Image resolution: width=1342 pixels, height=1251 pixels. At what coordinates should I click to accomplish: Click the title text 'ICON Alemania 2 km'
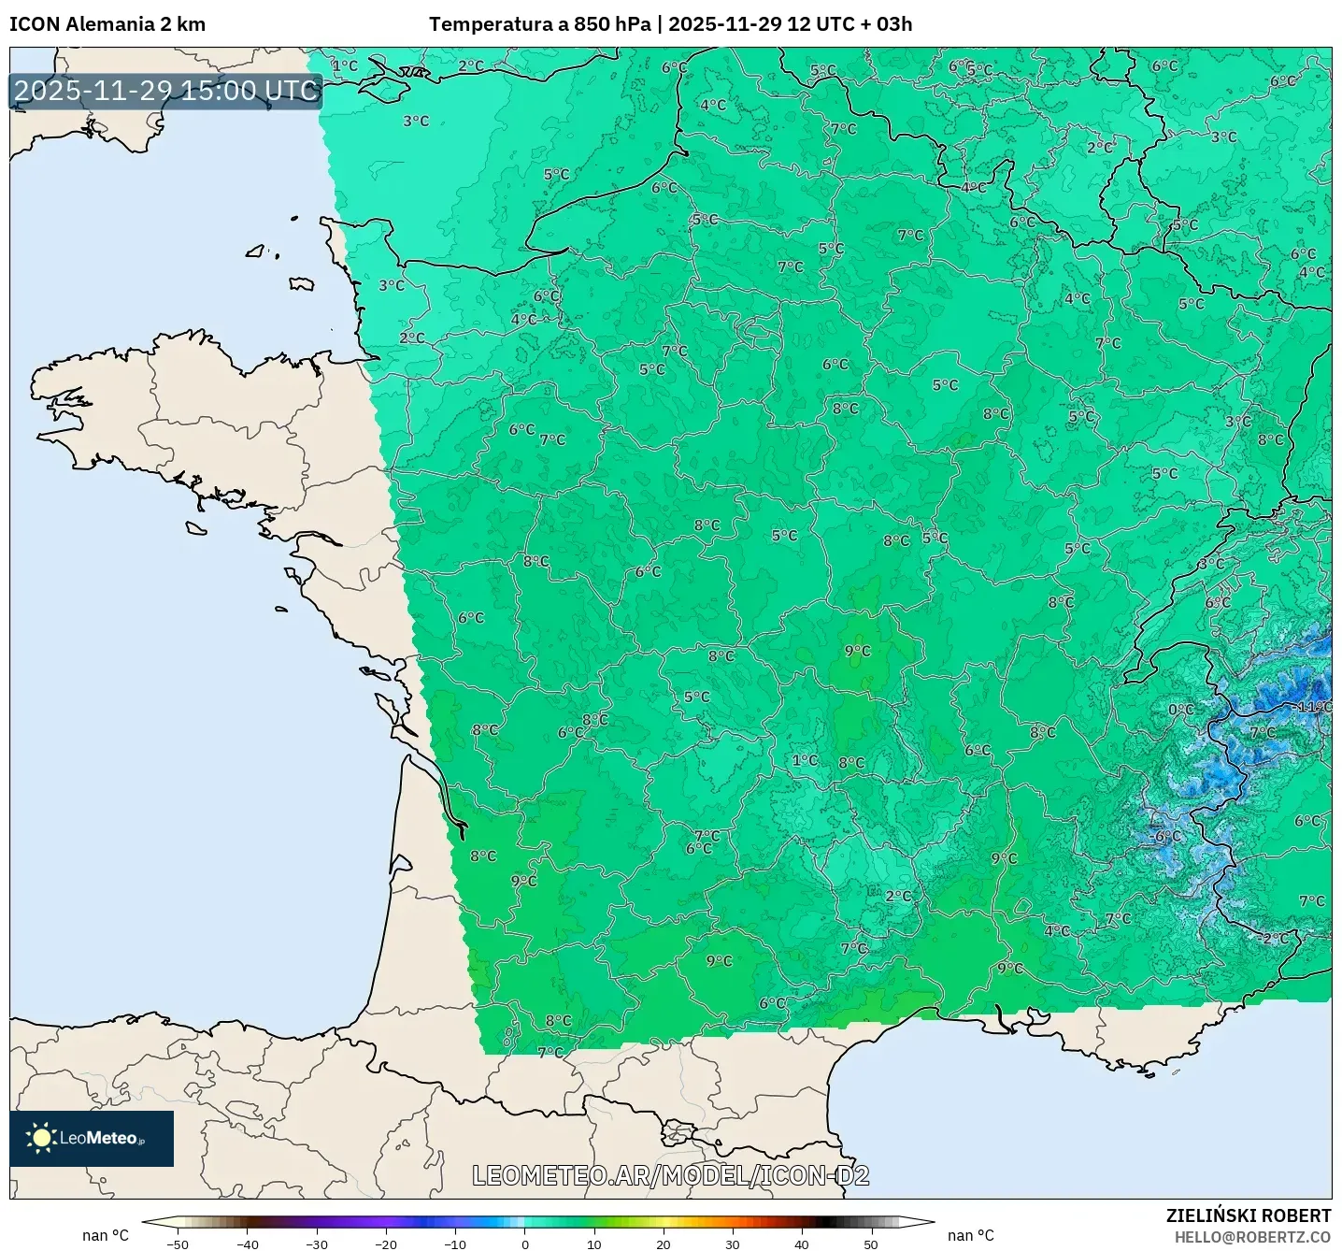[107, 24]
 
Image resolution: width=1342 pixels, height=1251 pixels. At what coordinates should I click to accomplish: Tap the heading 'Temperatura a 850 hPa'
[539, 24]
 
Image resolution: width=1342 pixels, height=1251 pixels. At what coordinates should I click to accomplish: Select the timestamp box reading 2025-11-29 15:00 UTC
[166, 91]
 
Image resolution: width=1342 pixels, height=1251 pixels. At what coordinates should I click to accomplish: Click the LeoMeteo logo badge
[92, 1138]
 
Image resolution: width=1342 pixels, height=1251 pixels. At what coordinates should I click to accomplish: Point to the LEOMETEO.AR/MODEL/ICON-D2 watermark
[670, 1175]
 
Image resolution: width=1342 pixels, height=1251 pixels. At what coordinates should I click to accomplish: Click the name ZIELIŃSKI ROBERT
[1248, 1215]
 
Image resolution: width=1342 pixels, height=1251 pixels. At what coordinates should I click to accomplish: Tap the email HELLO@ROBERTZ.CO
[1251, 1237]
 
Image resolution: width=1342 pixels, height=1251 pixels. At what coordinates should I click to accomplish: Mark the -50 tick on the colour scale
[177, 1244]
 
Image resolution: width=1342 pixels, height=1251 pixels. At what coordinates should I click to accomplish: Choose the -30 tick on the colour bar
[316, 1244]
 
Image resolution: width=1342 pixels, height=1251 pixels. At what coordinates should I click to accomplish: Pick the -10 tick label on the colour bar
[454, 1244]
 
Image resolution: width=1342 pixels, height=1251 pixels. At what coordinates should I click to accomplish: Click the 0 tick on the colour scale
[524, 1244]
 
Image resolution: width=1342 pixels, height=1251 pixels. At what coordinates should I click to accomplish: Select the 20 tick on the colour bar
[663, 1244]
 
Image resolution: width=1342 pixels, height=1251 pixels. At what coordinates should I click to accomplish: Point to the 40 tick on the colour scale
[801, 1244]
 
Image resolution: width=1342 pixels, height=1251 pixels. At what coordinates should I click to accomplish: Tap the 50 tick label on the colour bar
[870, 1244]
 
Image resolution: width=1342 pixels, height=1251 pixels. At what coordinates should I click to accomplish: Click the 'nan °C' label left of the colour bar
[106, 1235]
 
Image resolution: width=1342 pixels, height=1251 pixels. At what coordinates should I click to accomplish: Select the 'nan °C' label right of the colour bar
[971, 1235]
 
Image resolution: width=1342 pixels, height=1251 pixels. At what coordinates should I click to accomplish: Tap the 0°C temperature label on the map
[1180, 710]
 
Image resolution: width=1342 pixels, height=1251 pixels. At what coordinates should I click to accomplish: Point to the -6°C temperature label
[1166, 837]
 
